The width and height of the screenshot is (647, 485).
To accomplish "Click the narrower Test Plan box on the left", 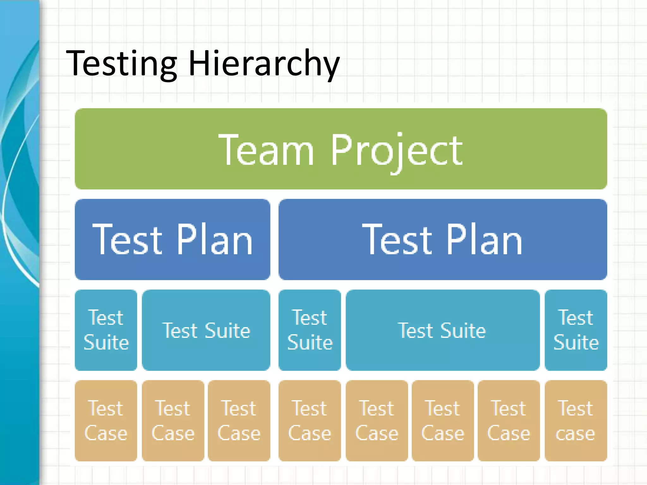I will click(172, 239).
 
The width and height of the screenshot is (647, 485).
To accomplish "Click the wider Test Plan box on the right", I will click(443, 239).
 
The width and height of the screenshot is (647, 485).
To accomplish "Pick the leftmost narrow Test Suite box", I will click(106, 330).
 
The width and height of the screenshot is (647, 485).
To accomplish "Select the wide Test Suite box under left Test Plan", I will click(206, 330).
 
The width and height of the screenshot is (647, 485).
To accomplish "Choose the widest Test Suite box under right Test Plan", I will click(442, 330).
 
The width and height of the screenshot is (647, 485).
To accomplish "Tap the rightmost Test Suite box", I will click(576, 330).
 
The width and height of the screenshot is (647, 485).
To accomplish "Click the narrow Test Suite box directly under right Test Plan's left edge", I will click(310, 330).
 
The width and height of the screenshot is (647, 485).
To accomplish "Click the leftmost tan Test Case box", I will click(106, 421).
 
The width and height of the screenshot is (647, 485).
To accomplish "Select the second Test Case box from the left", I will click(173, 421).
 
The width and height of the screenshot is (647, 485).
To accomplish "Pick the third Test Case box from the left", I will click(239, 421).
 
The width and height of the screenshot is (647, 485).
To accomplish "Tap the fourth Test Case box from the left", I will click(310, 421).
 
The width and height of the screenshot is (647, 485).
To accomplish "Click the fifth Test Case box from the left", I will click(377, 421).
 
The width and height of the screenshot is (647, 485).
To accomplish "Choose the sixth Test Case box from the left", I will click(443, 421).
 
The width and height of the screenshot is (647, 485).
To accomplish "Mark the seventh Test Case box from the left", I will click(509, 421).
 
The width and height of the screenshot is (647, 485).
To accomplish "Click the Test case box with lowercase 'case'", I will click(576, 421).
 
